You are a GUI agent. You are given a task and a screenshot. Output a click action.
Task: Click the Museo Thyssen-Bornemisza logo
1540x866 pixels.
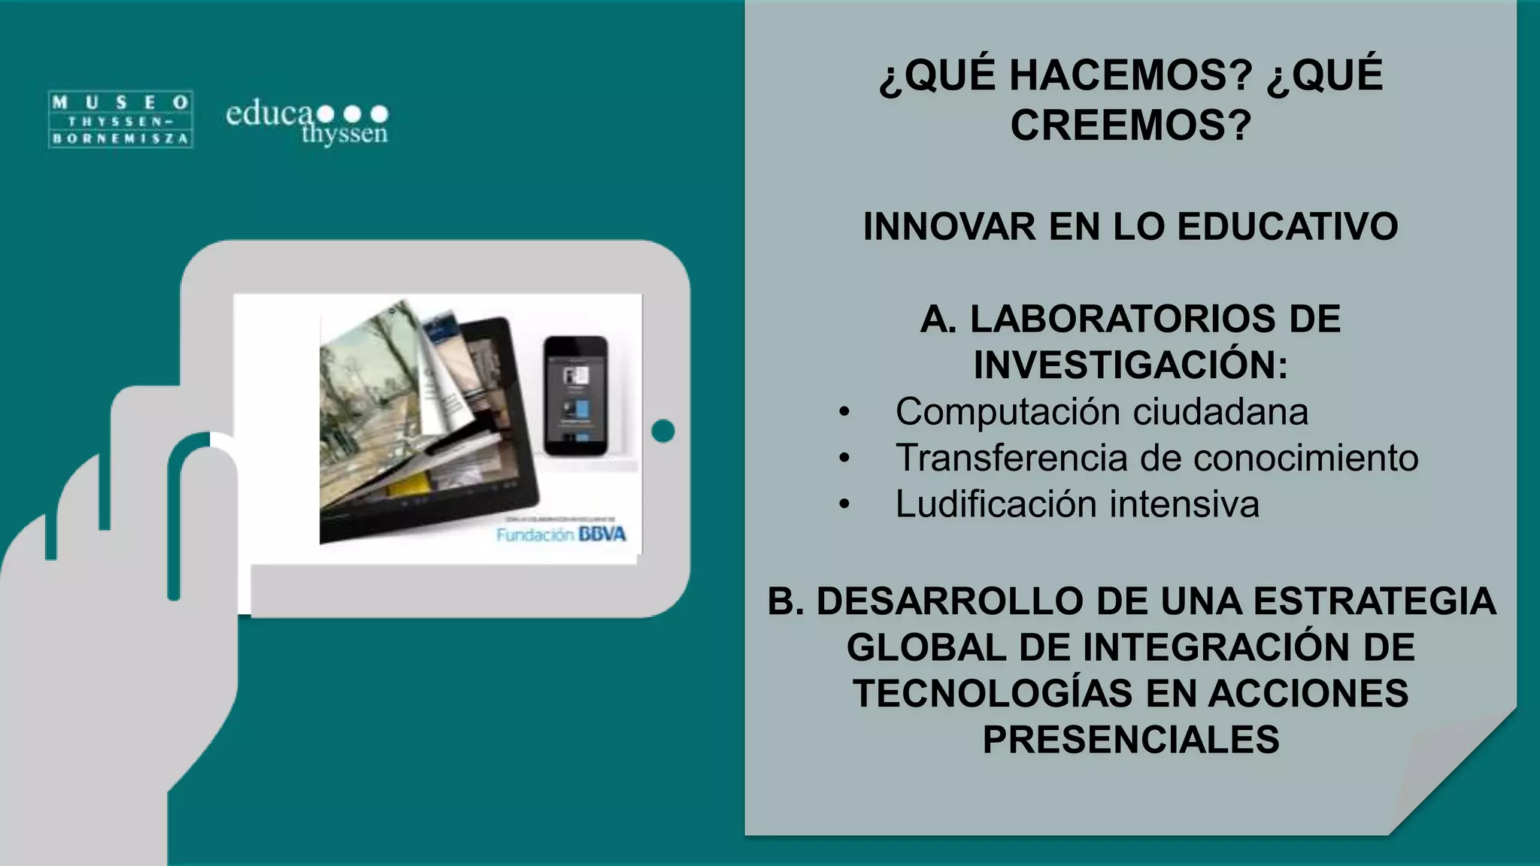120,120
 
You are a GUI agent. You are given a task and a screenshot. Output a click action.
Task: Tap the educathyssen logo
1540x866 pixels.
307,123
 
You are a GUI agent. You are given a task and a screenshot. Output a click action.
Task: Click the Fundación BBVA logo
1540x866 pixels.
561,534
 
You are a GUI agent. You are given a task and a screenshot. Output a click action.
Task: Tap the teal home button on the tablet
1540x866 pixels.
663,431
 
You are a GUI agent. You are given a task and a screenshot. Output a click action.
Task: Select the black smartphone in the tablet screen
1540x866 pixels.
575,395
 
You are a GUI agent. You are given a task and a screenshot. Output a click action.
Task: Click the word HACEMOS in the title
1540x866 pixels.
1131,75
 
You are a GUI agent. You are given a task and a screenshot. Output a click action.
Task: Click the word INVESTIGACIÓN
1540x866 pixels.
1123,365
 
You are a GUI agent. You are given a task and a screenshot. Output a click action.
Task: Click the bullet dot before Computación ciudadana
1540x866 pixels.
844,412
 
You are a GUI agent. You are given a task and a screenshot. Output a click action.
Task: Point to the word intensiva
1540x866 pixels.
1184,504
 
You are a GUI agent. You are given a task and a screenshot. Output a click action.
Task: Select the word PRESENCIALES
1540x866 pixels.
1131,740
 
